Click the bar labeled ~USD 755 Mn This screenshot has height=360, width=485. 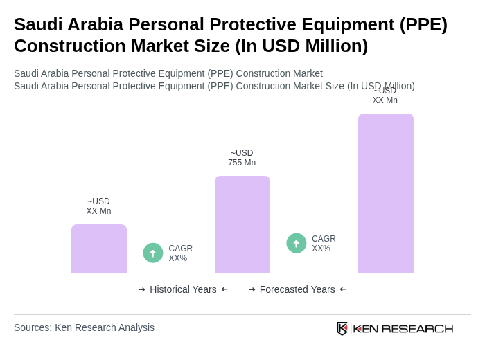(242, 224)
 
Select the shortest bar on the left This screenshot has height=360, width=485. (99, 249)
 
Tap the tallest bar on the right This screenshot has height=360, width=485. (385, 193)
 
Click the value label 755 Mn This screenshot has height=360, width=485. (242, 163)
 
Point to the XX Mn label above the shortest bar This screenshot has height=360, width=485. (98, 211)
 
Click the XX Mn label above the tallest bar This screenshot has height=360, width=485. (385, 100)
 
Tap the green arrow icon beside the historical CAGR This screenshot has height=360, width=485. (153, 253)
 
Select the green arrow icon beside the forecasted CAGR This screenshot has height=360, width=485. (297, 244)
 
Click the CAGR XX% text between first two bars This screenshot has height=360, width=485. (181, 253)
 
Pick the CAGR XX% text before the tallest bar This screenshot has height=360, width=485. (324, 244)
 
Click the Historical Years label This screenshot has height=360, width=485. (183, 289)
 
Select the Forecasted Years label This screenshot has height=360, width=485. (297, 289)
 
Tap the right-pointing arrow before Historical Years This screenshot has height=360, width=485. (142, 289)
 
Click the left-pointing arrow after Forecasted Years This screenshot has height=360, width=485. (343, 289)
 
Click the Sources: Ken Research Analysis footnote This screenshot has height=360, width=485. (84, 327)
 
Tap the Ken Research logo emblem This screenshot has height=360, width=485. (342, 328)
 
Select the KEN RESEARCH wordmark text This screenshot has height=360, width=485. (403, 329)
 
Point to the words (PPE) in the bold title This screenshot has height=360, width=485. (423, 24)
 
